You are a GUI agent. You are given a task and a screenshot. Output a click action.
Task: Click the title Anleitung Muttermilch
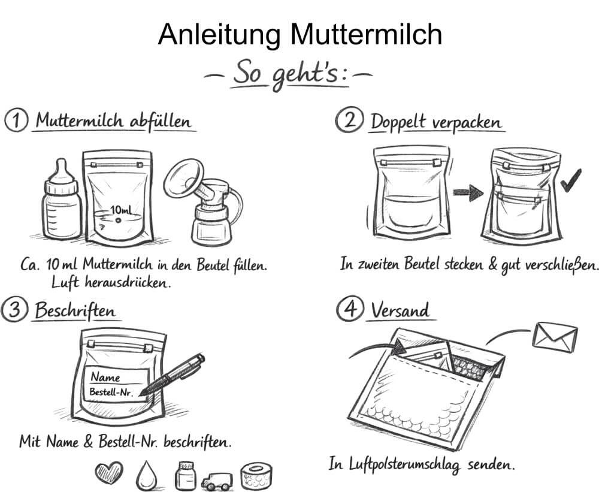299,35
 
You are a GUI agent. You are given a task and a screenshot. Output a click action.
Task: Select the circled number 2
348,121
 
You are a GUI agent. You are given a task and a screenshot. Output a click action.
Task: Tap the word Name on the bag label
105,378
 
